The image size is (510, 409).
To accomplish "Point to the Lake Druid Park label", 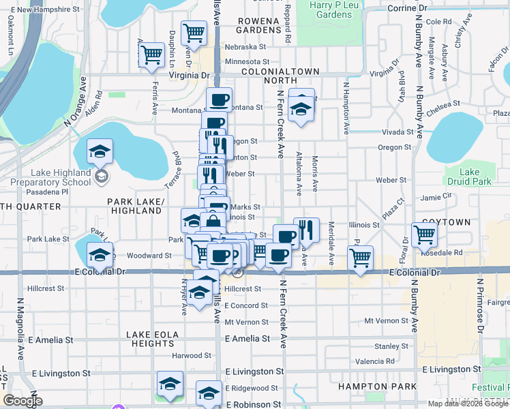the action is [x=475, y=177].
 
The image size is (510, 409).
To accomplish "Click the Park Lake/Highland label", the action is [x=136, y=207].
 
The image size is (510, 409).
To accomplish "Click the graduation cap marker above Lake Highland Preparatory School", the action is [x=100, y=151].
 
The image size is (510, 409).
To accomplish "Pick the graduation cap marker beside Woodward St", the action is [x=100, y=254].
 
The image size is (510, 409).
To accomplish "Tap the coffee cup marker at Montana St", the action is [x=219, y=100].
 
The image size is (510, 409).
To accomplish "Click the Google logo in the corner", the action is [x=22, y=401].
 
